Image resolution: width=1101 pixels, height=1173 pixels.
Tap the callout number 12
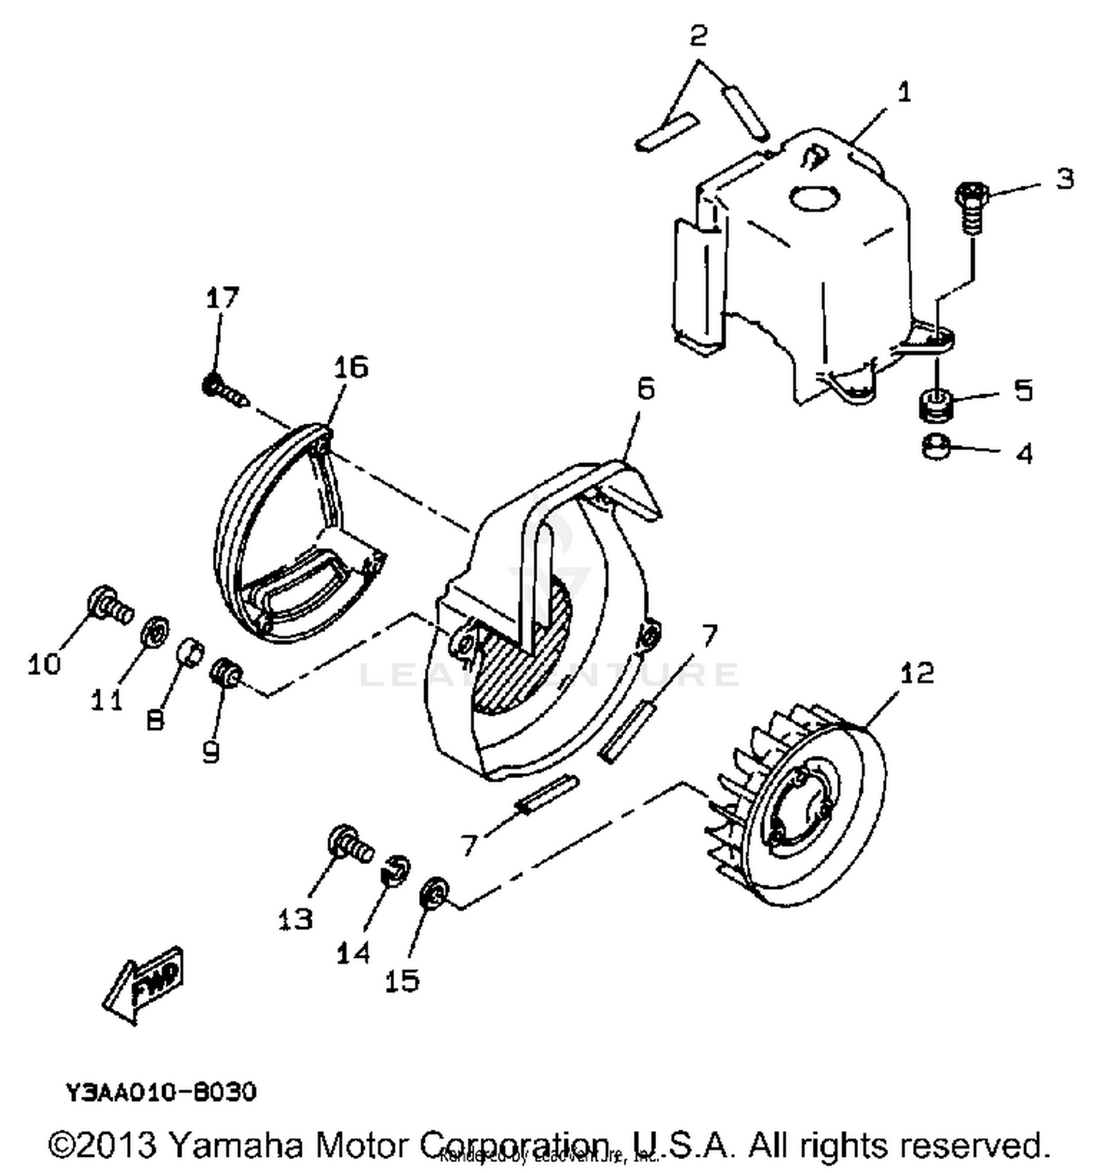916,672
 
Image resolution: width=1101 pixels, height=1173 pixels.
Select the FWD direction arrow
145,984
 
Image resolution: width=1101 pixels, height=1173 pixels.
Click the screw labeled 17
224,391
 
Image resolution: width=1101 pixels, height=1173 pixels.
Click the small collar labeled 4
936,447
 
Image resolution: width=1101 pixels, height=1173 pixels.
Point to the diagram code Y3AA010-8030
161,1092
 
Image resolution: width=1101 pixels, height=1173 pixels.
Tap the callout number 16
350,366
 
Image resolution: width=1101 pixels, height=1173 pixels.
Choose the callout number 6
645,388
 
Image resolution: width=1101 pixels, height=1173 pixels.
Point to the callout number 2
698,34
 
